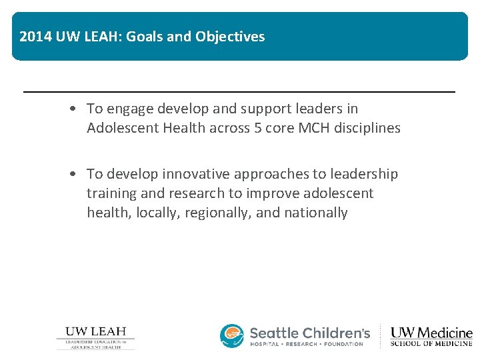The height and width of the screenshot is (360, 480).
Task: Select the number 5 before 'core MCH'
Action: point(257,128)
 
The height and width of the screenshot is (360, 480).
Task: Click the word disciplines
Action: point(367,128)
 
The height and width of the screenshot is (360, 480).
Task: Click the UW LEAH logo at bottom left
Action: point(95,337)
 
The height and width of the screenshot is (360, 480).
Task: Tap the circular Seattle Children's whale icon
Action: point(232,336)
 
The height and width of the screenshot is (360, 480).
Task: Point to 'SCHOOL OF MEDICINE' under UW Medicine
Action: point(431,343)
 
